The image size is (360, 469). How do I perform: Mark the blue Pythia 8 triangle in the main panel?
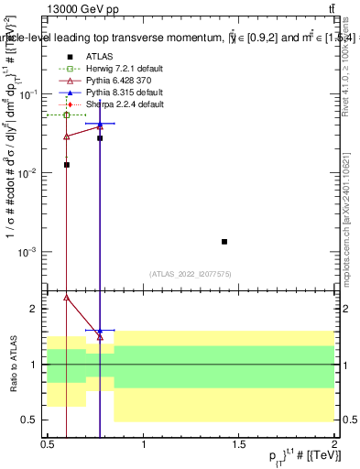pyautogui.click(x=100, y=123)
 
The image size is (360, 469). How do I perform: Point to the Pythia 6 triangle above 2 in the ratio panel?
pyautogui.click(x=66, y=297)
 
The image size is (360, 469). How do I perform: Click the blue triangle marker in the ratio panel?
pyautogui.click(x=100, y=330)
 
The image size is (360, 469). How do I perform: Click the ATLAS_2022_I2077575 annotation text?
pyautogui.click(x=191, y=274)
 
